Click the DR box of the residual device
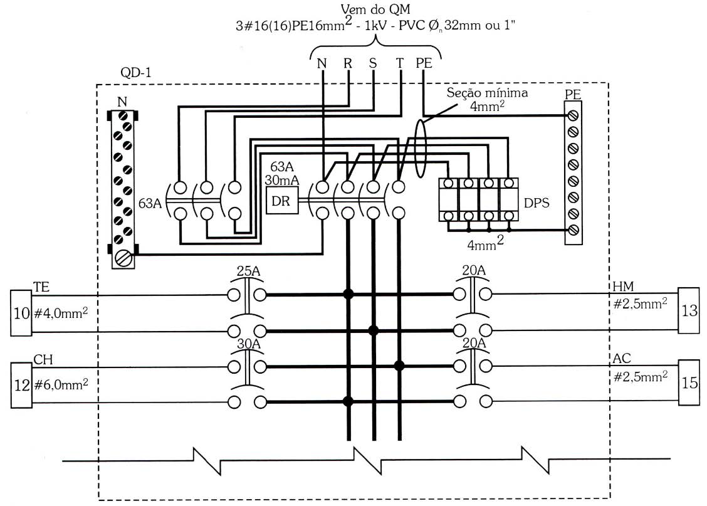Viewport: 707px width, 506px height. (x=282, y=201)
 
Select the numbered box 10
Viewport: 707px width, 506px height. (x=21, y=312)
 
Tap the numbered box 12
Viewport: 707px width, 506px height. (x=21, y=385)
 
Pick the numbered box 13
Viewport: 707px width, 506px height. (x=689, y=310)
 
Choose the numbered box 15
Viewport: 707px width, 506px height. (x=689, y=382)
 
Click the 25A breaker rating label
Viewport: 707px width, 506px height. (x=248, y=271)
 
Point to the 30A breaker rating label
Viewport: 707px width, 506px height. (x=249, y=344)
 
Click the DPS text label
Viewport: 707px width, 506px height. (x=537, y=203)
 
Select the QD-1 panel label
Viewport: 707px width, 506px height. (x=136, y=72)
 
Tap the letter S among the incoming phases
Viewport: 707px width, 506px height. (x=372, y=63)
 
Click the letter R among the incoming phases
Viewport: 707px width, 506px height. (x=348, y=63)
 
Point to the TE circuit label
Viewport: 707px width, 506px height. (x=41, y=287)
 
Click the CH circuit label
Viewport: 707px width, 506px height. (x=43, y=359)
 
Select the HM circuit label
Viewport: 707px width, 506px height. (x=623, y=286)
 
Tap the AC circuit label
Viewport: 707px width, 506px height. (x=621, y=359)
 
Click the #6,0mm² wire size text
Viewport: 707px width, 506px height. (x=61, y=385)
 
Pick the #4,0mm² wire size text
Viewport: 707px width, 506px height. (x=61, y=312)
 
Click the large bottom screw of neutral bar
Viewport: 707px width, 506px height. (x=123, y=259)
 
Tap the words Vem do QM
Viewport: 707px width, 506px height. (x=375, y=9)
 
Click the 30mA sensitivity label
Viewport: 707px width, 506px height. (x=282, y=181)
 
